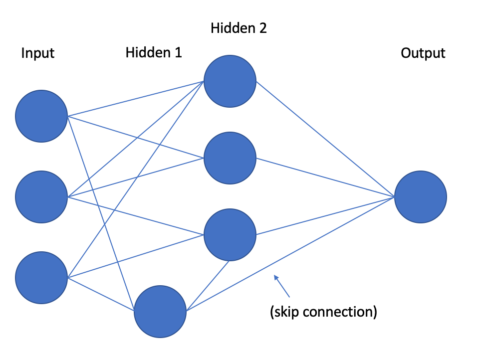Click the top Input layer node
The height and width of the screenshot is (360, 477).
(x=41, y=116)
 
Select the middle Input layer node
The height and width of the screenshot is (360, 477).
(x=41, y=196)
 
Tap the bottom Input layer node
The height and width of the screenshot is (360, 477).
(x=41, y=277)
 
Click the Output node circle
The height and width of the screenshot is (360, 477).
(x=421, y=197)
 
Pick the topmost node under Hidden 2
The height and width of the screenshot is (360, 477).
(x=230, y=81)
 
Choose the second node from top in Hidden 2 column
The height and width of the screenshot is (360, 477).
(x=230, y=158)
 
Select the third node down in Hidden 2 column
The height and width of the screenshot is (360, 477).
(x=230, y=235)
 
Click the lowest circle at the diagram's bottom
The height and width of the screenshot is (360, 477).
(x=160, y=312)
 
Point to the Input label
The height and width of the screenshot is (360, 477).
(x=37, y=53)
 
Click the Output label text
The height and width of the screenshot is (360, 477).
(x=423, y=53)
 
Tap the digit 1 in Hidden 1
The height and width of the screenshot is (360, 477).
(x=178, y=52)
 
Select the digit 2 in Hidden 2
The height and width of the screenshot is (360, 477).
(x=262, y=28)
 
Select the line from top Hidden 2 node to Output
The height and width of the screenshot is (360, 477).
(x=324, y=139)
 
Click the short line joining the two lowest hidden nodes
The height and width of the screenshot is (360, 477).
(x=207, y=286)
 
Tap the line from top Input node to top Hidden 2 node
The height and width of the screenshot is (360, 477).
(x=135, y=99)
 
